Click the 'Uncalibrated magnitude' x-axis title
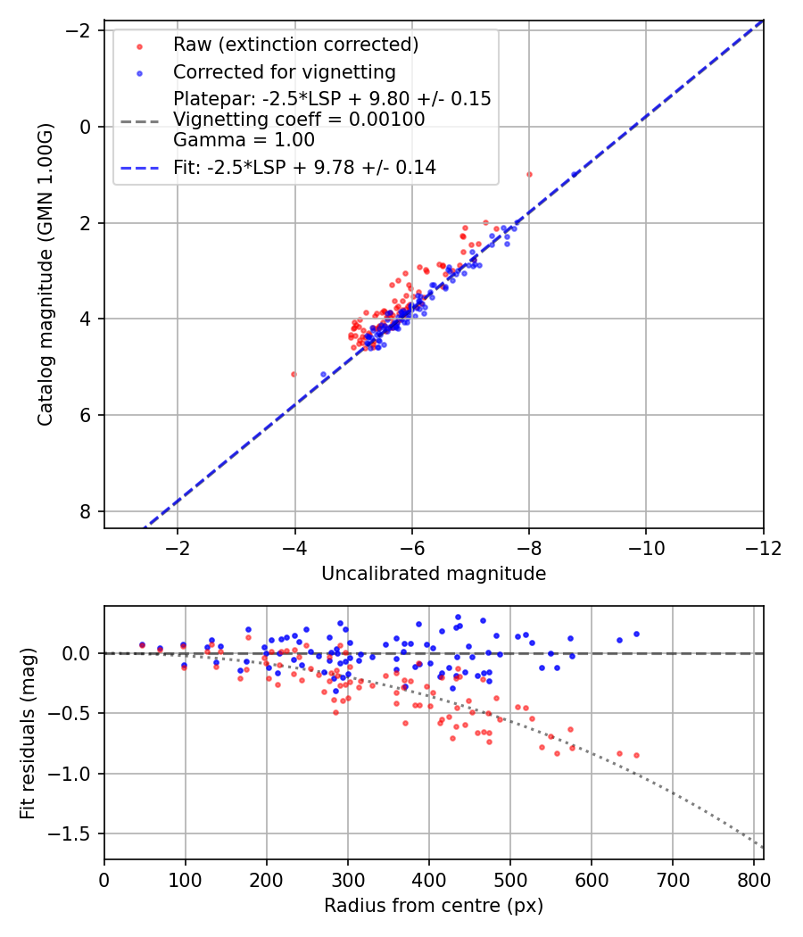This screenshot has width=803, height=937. [x=433, y=574]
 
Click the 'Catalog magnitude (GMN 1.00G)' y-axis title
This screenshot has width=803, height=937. [x=46, y=274]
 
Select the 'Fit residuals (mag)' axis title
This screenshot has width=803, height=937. [x=28, y=733]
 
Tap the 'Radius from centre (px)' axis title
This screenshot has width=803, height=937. [x=433, y=906]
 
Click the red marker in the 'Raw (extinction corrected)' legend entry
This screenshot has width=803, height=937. [x=139, y=46]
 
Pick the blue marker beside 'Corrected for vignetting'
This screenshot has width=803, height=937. [x=139, y=73]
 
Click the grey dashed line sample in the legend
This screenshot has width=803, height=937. [x=140, y=122]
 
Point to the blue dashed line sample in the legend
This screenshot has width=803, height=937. [x=140, y=170]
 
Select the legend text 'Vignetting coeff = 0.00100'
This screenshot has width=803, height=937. [x=299, y=119]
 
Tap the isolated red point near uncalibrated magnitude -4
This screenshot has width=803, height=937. [x=294, y=374]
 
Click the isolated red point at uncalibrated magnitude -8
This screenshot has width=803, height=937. [x=529, y=175]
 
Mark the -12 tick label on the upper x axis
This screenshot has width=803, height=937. [x=763, y=547]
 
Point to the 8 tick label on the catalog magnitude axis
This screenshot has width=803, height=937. [x=86, y=511]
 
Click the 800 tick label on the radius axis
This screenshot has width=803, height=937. [x=754, y=880]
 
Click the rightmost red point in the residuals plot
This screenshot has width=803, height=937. [x=636, y=755]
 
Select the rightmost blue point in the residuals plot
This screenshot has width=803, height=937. [x=636, y=634]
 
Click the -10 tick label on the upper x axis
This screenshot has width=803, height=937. [x=646, y=547]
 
